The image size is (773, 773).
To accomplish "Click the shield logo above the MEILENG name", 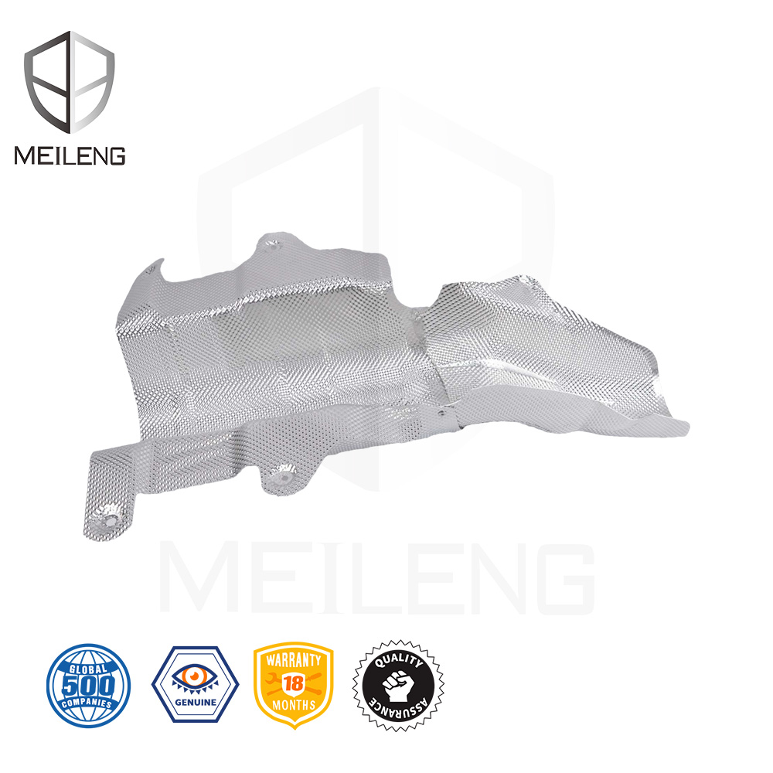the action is (x=70, y=82).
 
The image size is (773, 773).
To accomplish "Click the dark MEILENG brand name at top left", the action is (x=70, y=155).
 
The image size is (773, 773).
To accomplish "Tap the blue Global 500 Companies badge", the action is (x=89, y=685).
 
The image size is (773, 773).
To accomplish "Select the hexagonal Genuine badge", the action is (x=196, y=684).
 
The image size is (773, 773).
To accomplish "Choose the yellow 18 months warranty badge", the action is (x=293, y=684).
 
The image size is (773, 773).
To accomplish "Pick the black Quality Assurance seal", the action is (x=398, y=685).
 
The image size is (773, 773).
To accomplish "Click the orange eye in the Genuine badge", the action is (x=196, y=676).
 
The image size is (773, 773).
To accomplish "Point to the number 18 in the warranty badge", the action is (x=294, y=683).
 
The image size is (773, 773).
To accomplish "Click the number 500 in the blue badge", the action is (x=89, y=685).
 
